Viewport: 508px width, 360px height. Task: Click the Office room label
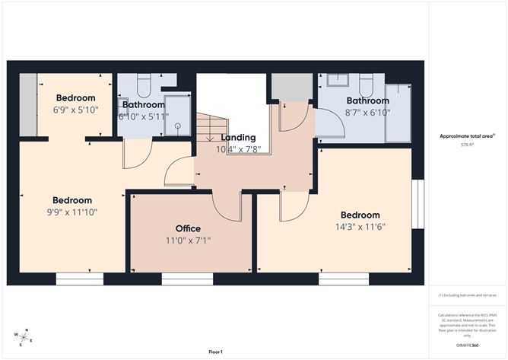188,228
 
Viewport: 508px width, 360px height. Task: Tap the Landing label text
238,137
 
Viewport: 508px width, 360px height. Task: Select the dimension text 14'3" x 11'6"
360,228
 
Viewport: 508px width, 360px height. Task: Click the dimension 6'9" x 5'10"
76,110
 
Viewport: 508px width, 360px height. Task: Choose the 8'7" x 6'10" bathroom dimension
368,113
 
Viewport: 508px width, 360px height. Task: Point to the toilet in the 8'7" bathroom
366,81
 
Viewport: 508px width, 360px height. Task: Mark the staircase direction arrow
209,138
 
